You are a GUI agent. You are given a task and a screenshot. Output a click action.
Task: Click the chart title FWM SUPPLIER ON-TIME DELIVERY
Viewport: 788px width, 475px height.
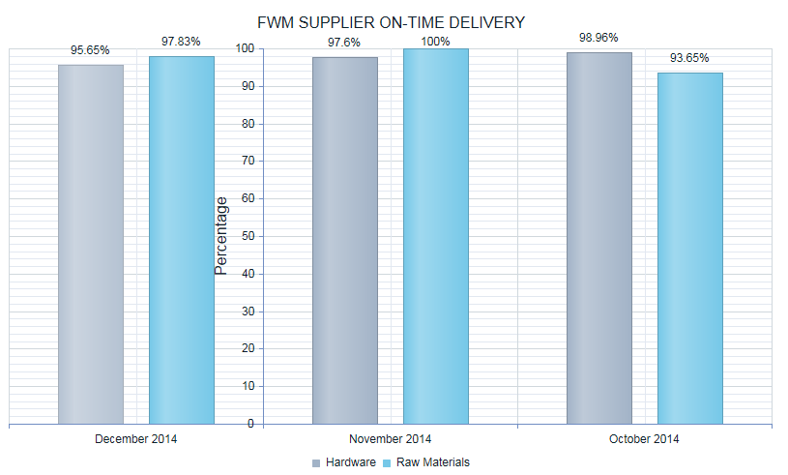pos(392,22)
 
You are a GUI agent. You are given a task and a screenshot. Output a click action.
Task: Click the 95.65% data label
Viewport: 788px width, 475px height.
pos(91,50)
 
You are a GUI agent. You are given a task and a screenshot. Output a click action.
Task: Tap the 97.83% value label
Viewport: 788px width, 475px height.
pos(182,42)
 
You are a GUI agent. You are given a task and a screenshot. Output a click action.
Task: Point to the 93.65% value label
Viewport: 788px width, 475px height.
pos(690,58)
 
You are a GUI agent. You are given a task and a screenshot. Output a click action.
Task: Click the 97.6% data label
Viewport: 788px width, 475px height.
pos(345,43)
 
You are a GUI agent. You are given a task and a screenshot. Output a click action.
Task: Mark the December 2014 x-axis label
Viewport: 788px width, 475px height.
pos(136,439)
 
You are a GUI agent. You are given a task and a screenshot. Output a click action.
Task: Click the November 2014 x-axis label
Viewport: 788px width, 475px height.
pos(391,439)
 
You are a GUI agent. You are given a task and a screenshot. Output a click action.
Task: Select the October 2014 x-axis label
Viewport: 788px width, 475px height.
pos(645,439)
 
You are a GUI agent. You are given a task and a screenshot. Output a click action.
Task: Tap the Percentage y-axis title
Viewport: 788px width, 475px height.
pos(221,236)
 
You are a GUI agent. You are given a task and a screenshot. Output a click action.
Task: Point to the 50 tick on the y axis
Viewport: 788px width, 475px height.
pos(248,236)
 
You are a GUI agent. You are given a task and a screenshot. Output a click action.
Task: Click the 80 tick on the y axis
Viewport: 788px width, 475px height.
pos(248,124)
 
